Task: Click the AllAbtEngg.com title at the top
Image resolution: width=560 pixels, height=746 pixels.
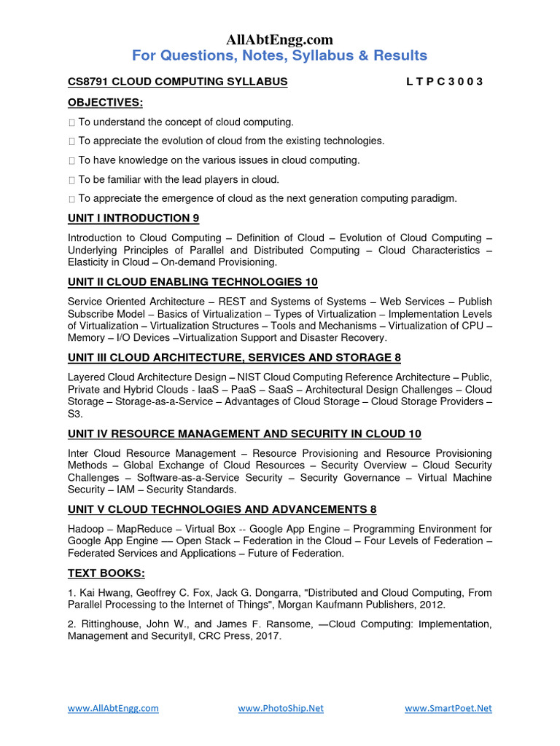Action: coord(279,39)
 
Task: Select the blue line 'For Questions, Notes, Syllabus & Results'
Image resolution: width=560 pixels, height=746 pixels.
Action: coord(279,56)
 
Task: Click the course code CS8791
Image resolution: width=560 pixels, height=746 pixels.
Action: coord(87,82)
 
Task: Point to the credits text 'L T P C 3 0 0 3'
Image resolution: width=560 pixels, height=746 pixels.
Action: coord(444,82)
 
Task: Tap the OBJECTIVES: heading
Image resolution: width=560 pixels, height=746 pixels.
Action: coord(105,102)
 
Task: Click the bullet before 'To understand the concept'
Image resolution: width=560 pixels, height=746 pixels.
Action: coord(71,122)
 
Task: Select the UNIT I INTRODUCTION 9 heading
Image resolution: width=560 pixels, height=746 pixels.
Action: coord(133,218)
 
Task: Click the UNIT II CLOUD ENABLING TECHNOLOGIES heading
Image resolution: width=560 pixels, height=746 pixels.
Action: coord(192,282)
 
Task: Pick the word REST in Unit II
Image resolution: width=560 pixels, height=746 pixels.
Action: coord(224,302)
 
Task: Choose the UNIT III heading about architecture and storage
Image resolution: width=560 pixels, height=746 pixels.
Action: coord(234,358)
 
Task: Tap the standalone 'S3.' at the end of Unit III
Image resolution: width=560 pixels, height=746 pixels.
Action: coord(75,414)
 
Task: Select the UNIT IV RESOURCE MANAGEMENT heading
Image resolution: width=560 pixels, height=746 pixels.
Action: coord(244,434)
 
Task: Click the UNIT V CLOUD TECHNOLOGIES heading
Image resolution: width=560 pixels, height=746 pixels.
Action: coord(222,509)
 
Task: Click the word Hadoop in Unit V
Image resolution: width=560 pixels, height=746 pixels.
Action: coord(87,529)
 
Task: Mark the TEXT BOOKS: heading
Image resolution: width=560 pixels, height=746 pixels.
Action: coord(106,573)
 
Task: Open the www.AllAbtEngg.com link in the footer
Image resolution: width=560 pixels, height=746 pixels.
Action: coord(113,708)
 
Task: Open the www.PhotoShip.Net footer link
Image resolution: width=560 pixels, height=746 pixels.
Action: coord(281,708)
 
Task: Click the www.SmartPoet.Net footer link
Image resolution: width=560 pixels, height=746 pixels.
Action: coord(448,708)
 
